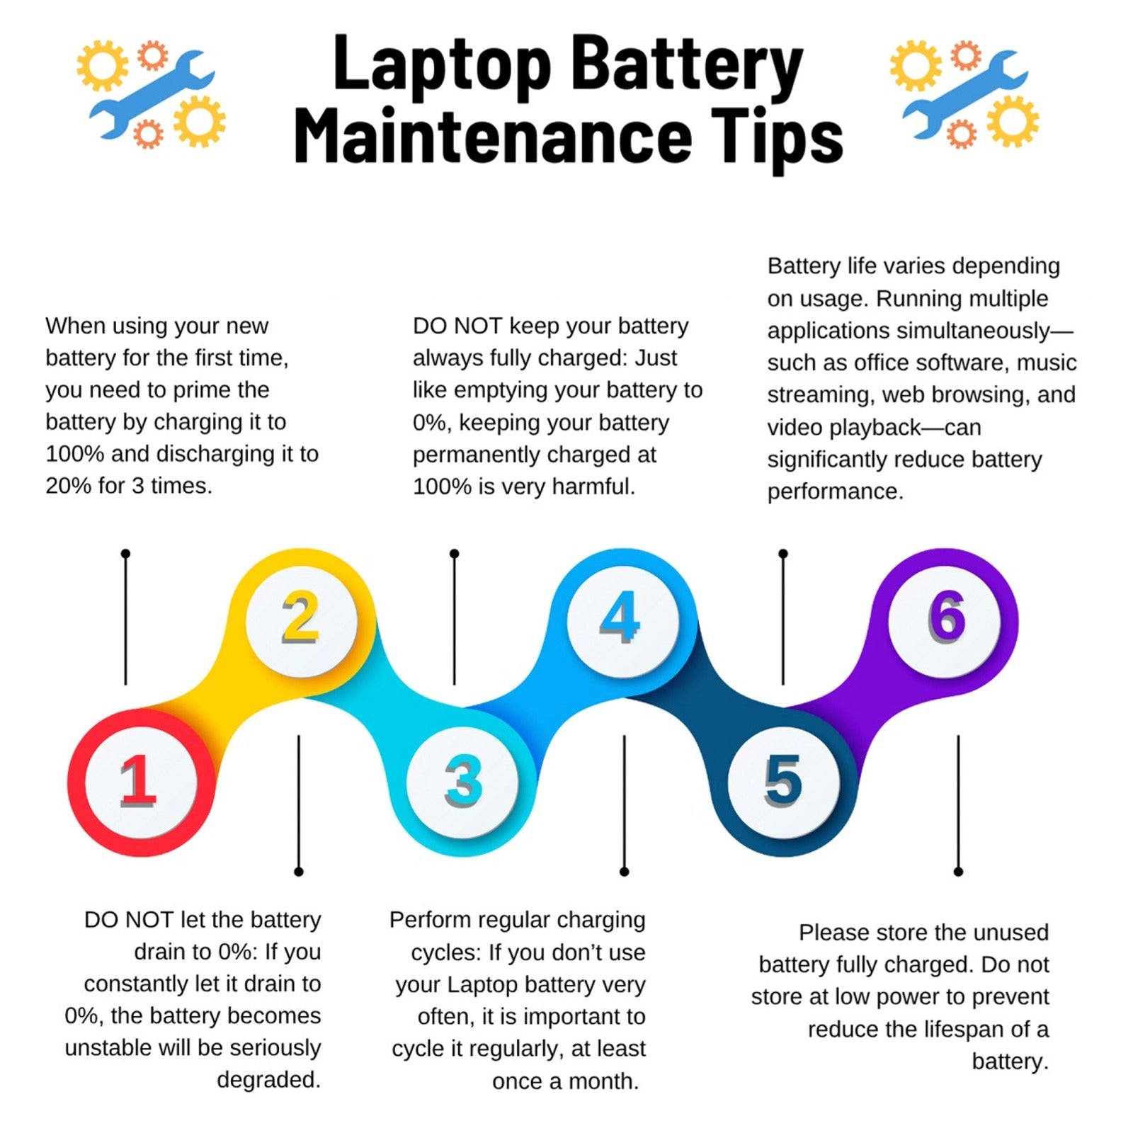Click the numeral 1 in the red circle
tap(138, 780)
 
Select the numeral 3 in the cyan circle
tap(464, 781)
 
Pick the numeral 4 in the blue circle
tap(620, 617)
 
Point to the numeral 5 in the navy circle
tap(783, 780)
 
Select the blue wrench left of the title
tap(152, 92)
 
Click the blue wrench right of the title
tap(964, 92)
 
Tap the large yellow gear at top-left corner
tap(102, 66)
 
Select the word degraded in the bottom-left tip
tap(268, 1081)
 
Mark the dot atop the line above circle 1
tap(125, 553)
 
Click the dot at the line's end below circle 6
tap(958, 871)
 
